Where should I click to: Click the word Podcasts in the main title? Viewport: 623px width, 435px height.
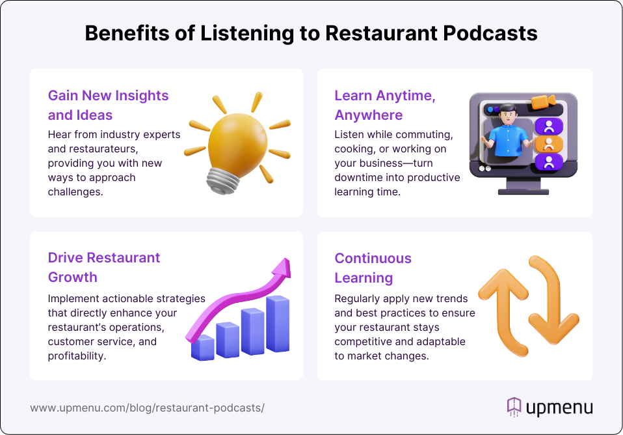point(490,33)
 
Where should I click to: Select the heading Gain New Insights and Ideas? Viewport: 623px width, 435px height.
point(108,105)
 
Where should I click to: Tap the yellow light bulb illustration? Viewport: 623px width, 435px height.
point(237,143)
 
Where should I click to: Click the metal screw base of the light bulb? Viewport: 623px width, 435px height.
point(222,181)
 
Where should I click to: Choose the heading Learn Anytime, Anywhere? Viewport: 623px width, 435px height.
point(384,105)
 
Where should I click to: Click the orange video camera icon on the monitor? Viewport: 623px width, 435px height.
point(543,102)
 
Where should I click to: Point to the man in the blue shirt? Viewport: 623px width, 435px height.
point(507,133)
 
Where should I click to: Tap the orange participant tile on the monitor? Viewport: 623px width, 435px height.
point(549,144)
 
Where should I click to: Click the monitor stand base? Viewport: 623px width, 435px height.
point(524,192)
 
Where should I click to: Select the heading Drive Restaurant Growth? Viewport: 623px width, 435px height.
point(103,267)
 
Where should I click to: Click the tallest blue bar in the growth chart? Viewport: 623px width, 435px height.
point(278,324)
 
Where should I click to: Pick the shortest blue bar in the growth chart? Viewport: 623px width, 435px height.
point(203,348)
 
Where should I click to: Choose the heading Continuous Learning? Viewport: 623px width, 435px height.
point(373,268)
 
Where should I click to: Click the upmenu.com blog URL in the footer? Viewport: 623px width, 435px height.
point(147,408)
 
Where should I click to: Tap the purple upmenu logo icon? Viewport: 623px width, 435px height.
point(514,407)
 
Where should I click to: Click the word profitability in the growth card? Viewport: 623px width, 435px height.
point(77,356)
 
